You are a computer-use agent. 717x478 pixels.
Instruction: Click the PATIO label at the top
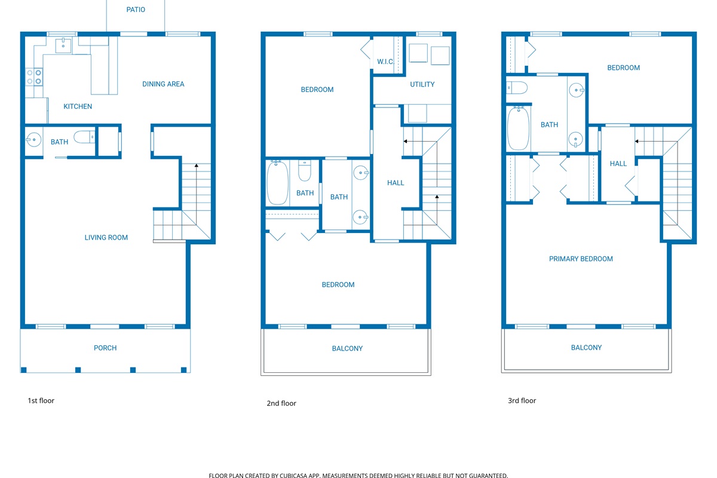pyautogui.click(x=136, y=10)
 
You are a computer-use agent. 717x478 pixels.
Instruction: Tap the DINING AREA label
pyautogui.click(x=163, y=84)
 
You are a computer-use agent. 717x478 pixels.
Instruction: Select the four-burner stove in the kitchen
pyautogui.click(x=34, y=76)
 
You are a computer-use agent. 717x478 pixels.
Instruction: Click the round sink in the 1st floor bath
pyautogui.click(x=33, y=141)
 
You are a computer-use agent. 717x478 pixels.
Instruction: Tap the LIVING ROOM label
pyautogui.click(x=106, y=238)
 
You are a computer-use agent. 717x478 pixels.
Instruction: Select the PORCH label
pyautogui.click(x=105, y=348)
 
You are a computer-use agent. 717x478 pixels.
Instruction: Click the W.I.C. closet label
pyautogui.click(x=385, y=62)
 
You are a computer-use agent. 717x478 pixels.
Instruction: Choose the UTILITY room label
pyautogui.click(x=422, y=84)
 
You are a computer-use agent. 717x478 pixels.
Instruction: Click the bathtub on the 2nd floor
pyautogui.click(x=277, y=182)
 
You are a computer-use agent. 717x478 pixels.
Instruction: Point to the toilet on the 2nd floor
pyautogui.click(x=305, y=171)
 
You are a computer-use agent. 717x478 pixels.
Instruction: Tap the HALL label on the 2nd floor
pyautogui.click(x=396, y=183)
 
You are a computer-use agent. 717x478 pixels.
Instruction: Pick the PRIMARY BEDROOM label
pyautogui.click(x=581, y=259)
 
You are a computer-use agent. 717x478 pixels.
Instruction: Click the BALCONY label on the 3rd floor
pyautogui.click(x=586, y=348)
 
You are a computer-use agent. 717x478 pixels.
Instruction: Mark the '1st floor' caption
pyautogui.click(x=41, y=401)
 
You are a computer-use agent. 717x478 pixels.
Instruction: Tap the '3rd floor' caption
pyautogui.click(x=522, y=401)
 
